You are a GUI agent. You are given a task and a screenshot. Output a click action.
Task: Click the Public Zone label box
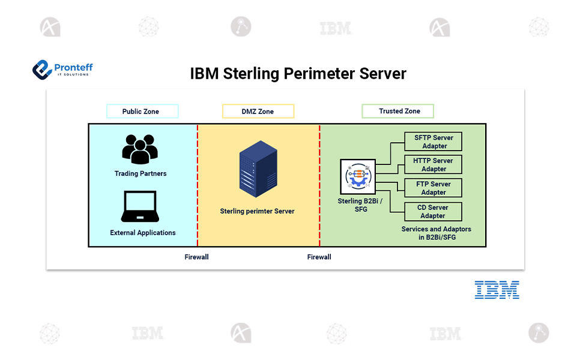[142, 111]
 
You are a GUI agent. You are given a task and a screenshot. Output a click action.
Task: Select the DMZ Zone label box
[258, 111]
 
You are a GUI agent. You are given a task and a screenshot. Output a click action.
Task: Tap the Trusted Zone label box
[397, 111]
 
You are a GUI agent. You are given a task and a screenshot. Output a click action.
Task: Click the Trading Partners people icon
[140, 149]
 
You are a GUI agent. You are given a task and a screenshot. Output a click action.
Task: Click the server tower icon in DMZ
[258, 170]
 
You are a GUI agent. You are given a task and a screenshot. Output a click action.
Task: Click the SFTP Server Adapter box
[434, 142]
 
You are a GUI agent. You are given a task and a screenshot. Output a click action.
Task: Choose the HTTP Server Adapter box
[434, 165]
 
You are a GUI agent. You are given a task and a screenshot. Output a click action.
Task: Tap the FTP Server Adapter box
[434, 188]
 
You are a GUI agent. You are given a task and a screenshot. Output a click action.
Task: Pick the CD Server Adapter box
[434, 212]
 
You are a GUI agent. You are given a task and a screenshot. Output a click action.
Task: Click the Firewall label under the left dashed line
[196, 257]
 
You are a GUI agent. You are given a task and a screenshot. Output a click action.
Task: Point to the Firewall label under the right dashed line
[319, 257]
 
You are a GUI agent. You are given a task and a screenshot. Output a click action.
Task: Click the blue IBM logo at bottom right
[497, 290]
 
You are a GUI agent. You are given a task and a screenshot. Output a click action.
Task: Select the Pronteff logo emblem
[43, 70]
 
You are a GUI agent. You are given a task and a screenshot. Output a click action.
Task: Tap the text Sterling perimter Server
[257, 211]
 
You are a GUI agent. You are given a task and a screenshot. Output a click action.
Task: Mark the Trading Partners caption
[140, 173]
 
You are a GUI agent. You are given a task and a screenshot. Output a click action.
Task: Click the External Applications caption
[143, 232]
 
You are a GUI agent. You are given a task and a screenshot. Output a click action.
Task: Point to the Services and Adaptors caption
[436, 233]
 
